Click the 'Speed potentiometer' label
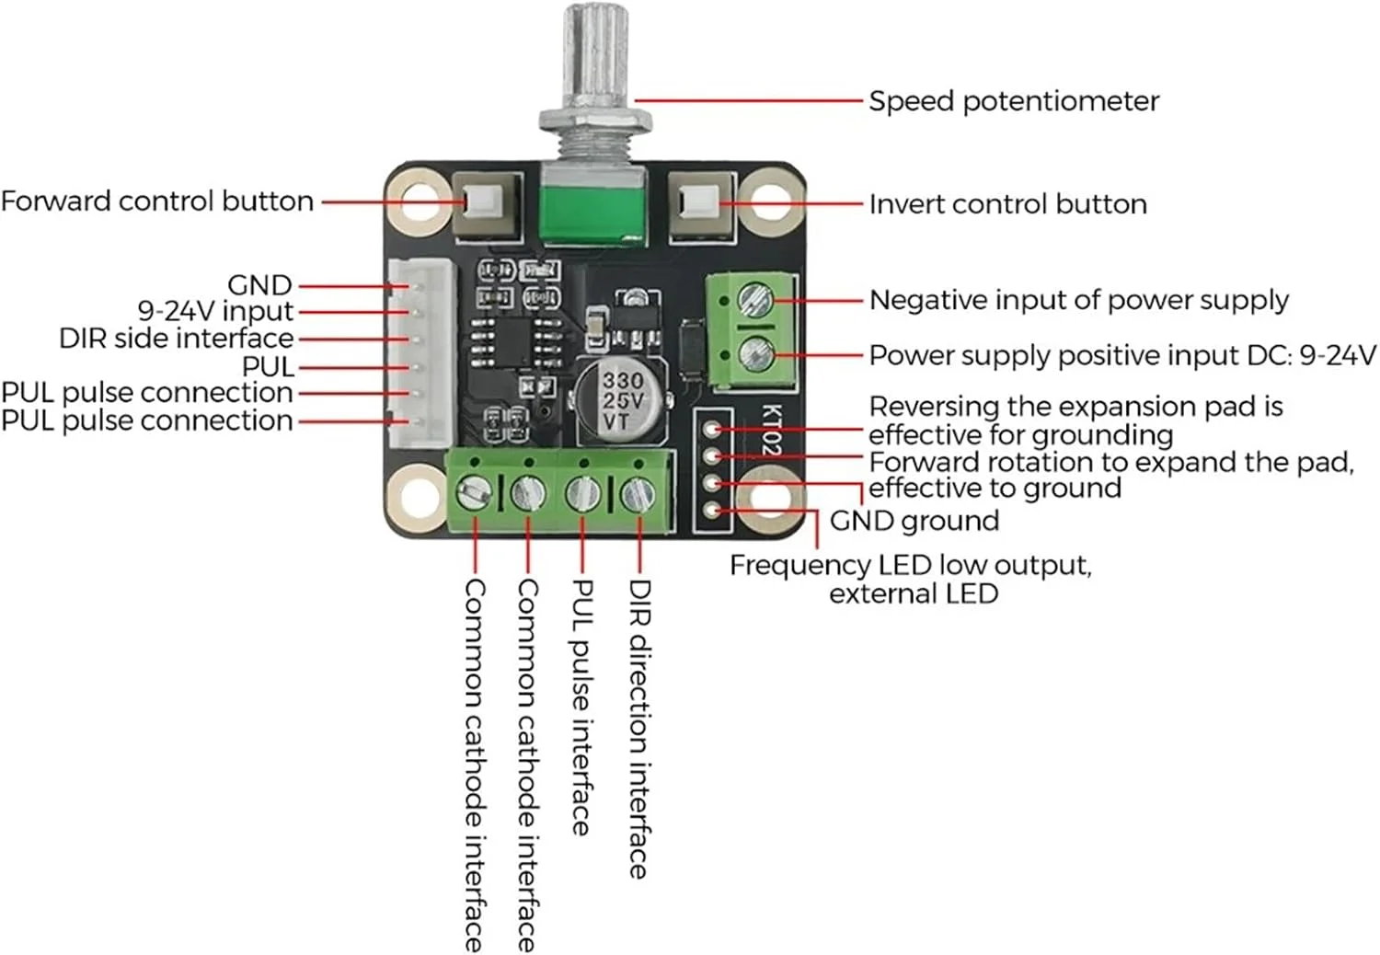(1013, 101)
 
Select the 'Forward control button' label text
(157, 201)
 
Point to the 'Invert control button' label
(1007, 203)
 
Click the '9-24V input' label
(215, 311)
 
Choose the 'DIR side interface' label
(177, 339)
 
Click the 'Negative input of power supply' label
(1078, 300)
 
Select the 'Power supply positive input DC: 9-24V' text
(1122, 355)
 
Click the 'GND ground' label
(914, 521)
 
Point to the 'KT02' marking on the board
(771, 431)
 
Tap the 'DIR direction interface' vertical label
(639, 727)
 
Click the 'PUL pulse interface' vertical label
(582, 707)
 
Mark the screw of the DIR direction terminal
(637, 495)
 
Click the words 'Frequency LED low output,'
(910, 565)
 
